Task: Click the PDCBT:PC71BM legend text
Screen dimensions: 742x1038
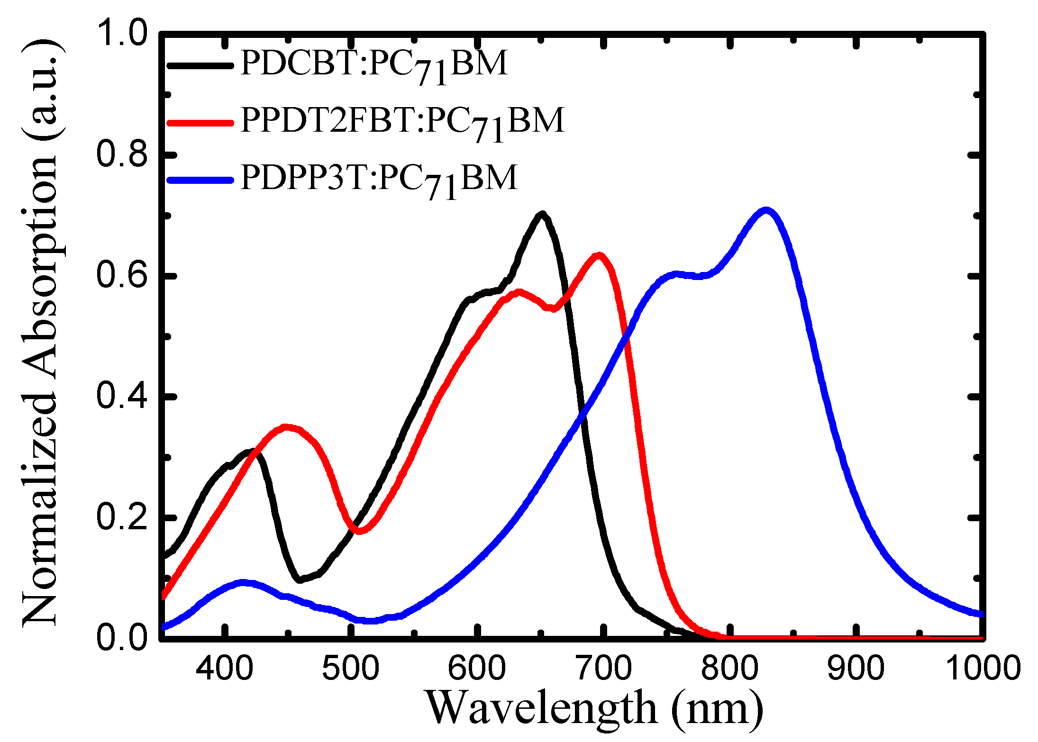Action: [373, 65]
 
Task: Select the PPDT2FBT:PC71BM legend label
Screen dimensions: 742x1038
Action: [402, 122]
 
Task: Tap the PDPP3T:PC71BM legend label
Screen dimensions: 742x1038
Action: [378, 179]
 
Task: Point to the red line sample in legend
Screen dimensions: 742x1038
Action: [200, 123]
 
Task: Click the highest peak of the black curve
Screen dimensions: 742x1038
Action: [542, 215]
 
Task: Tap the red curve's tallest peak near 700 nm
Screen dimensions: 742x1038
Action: [600, 256]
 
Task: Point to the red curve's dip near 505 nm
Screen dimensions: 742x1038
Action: [359, 531]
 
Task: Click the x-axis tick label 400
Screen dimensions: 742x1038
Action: [224, 668]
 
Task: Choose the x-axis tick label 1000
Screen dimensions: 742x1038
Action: [983, 668]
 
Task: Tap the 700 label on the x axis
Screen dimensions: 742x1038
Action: [603, 668]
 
